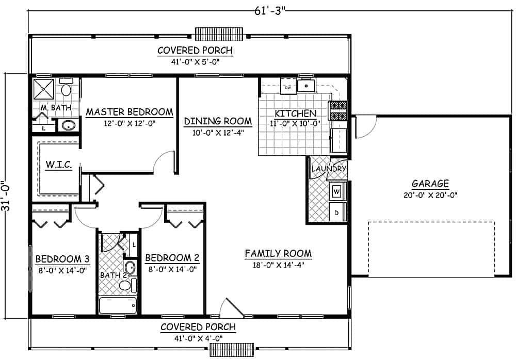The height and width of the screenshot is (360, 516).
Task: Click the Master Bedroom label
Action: pos(129,111)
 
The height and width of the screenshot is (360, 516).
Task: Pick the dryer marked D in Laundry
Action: pos(337,212)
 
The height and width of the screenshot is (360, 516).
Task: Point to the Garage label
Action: pos(430,184)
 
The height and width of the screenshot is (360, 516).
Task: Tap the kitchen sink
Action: pos(307,85)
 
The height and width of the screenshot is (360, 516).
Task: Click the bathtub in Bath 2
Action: pos(118,305)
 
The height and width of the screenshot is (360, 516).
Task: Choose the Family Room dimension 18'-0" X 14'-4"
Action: pos(278,266)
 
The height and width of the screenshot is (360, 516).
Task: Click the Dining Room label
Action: pos(218,121)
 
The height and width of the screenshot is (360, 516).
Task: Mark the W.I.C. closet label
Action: pos(58,165)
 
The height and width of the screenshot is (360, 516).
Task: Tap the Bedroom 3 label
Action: pos(59,258)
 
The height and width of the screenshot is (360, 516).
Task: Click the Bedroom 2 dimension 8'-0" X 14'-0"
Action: pos(171,269)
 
